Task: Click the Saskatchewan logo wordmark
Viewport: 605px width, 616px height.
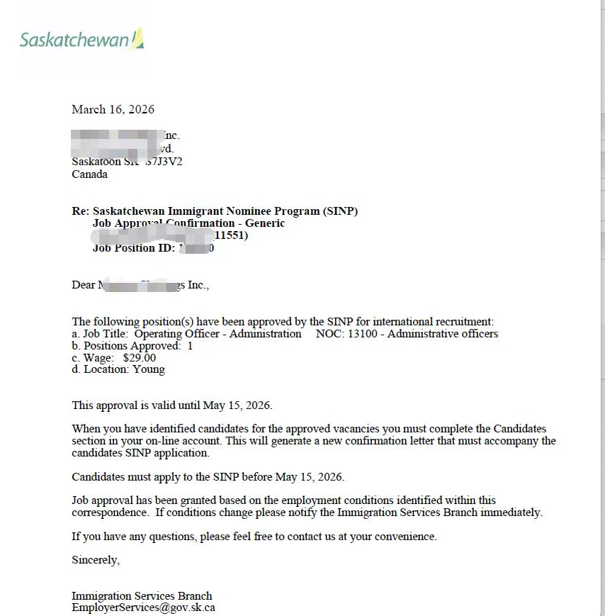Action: point(74,40)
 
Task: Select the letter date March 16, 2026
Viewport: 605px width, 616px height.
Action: point(113,109)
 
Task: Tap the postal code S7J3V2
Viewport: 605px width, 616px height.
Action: point(164,162)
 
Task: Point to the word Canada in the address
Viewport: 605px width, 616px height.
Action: point(90,174)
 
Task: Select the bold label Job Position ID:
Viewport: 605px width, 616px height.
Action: point(134,248)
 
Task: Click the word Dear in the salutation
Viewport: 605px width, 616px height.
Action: point(83,285)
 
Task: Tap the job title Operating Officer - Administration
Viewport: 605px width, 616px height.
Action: point(217,334)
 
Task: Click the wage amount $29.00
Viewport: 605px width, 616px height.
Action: point(139,358)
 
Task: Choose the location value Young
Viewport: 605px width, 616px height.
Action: point(149,369)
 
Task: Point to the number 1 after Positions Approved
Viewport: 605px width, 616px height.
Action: point(190,346)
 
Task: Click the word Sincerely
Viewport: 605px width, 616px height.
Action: point(96,560)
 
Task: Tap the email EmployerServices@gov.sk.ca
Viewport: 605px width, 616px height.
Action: point(143,607)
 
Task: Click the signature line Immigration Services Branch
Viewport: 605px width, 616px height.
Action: point(142,596)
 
